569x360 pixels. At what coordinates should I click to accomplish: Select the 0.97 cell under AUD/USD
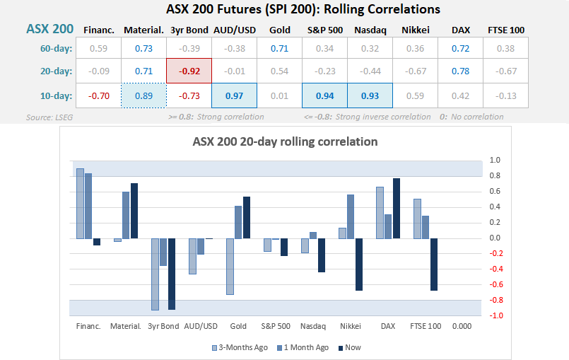pyautogui.click(x=234, y=95)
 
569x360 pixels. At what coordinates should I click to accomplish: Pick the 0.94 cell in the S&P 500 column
pyautogui.click(x=324, y=95)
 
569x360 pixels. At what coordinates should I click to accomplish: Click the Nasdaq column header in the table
pyautogui.click(x=369, y=30)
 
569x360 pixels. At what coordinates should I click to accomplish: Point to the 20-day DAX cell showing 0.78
pyautogui.click(x=460, y=71)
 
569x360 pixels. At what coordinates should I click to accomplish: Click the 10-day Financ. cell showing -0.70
pyautogui.click(x=98, y=95)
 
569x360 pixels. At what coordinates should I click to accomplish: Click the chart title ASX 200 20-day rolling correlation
pyautogui.click(x=285, y=141)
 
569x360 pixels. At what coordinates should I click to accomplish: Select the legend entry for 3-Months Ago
pyautogui.click(x=240, y=347)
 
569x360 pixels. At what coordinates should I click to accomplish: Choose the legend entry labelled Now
pyautogui.click(x=350, y=347)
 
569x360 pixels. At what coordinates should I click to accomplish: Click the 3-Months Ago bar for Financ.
pyautogui.click(x=80, y=204)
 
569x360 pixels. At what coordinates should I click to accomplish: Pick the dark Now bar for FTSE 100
pyautogui.click(x=433, y=265)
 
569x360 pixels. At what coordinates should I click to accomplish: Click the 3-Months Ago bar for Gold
pyautogui.click(x=230, y=266)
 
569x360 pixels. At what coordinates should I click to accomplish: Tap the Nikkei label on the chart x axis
pyautogui.click(x=350, y=326)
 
